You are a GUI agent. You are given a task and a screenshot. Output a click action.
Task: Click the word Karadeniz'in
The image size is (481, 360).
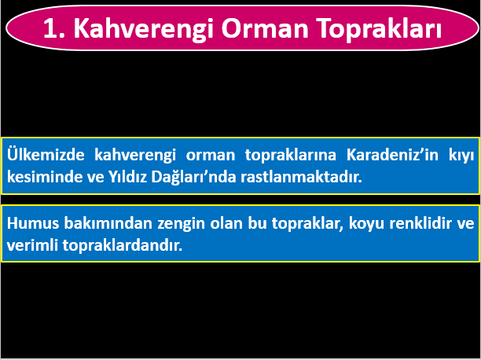coord(387,156)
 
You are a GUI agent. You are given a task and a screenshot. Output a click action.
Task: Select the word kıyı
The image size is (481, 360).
coord(461,156)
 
